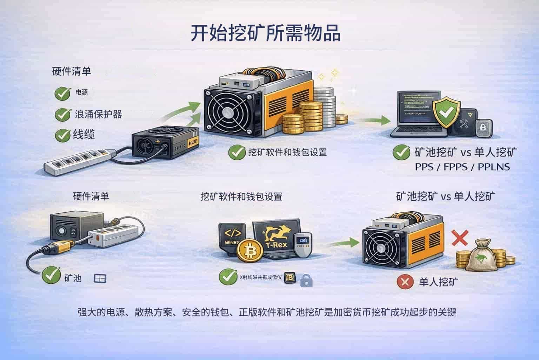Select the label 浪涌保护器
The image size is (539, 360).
(x=98, y=114)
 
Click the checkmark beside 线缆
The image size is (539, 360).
(x=62, y=135)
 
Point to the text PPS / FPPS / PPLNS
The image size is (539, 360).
(x=462, y=166)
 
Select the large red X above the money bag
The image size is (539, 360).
(x=460, y=238)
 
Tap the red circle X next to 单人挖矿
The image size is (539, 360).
(x=405, y=282)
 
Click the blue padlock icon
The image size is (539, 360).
(x=306, y=280)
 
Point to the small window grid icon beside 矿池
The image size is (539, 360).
(x=100, y=278)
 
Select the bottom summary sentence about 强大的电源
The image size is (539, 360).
(x=267, y=312)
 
